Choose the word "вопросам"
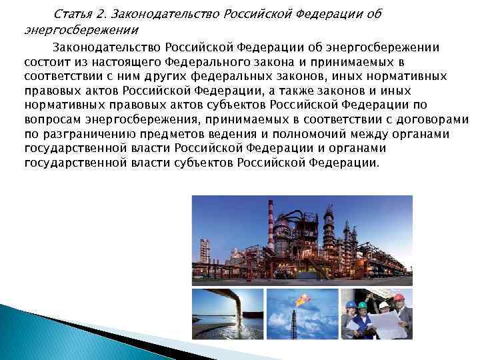pos(49,120)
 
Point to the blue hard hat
pos(351,305)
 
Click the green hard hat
pos(362,305)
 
